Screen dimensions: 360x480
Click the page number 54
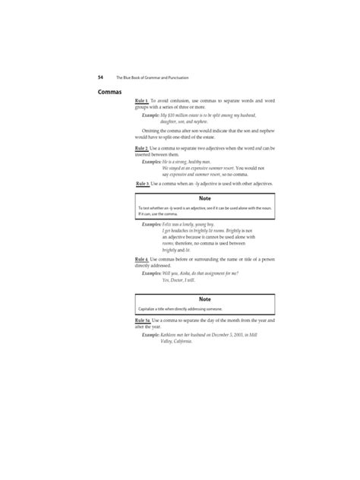[x=100, y=77]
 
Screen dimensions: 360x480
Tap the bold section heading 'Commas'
[x=110, y=93]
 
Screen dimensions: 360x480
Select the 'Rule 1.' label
[x=142, y=100]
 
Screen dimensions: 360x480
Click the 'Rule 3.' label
[x=142, y=184]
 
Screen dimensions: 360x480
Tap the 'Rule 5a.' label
[x=143, y=321]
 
